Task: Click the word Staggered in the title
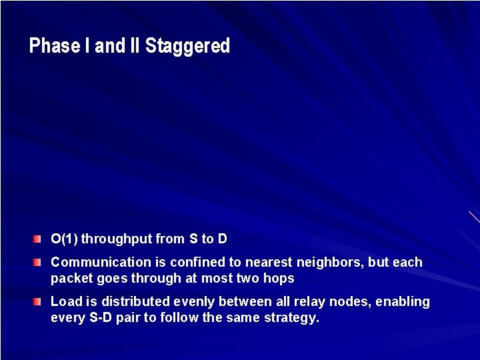187,47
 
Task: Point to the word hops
280,279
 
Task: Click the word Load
65,302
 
